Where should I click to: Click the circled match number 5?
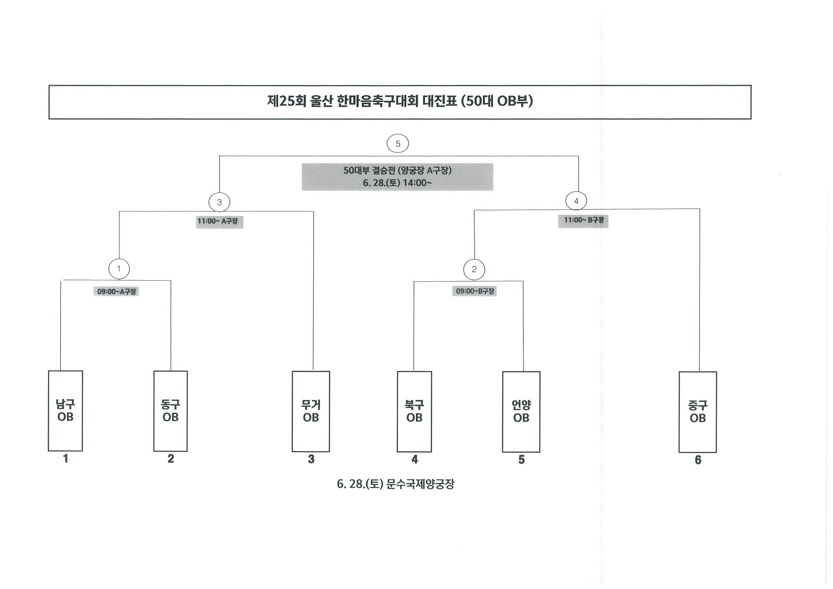coord(398,144)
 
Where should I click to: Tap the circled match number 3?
coord(219,202)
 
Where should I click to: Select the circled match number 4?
coord(576,201)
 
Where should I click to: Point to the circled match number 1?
coord(119,269)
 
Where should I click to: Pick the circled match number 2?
coord(474,269)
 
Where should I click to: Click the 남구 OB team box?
coord(65,411)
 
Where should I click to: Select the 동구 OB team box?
coord(171,411)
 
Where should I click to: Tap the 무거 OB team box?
coord(311,412)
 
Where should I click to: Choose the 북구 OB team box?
coord(414,412)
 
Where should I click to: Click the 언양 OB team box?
coord(521,412)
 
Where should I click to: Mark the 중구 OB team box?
coord(698,412)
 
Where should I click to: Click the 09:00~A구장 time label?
coord(116,291)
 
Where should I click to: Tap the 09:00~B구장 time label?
coord(475,291)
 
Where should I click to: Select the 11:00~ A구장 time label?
coord(220,221)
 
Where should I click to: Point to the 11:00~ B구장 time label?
coord(583,220)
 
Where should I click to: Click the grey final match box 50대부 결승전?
coord(397,177)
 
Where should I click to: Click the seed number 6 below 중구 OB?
coord(698,460)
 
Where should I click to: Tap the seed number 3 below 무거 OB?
coord(311,459)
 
